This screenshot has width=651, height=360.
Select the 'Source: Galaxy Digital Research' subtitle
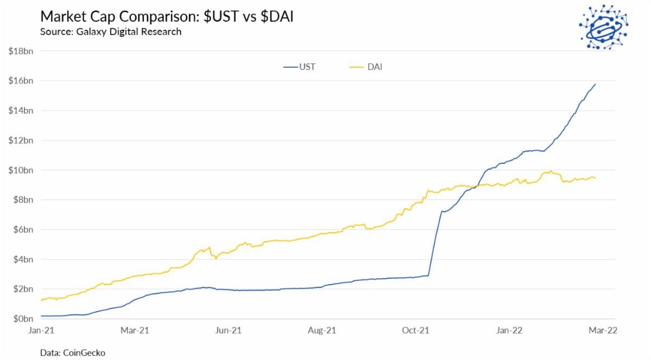(111, 31)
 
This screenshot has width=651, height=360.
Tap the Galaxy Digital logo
(603, 28)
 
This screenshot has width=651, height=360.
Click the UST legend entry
(299, 67)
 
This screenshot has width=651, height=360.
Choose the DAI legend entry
(366, 67)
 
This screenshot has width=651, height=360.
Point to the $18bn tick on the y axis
(21, 51)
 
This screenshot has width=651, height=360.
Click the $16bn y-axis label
(21, 81)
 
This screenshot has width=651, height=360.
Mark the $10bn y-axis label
(21, 170)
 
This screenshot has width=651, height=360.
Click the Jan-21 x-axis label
(41, 330)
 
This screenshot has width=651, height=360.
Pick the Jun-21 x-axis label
(228, 330)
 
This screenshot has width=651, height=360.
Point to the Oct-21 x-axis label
(416, 330)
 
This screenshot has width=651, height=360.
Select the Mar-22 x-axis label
(604, 330)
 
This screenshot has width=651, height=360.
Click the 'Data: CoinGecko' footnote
(73, 352)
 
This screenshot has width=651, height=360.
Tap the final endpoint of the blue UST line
(596, 84)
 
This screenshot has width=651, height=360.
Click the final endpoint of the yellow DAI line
(596, 178)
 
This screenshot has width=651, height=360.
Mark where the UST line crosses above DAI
(475, 187)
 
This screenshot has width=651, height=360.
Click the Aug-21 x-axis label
(322, 330)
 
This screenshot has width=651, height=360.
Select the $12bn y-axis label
(21, 140)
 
